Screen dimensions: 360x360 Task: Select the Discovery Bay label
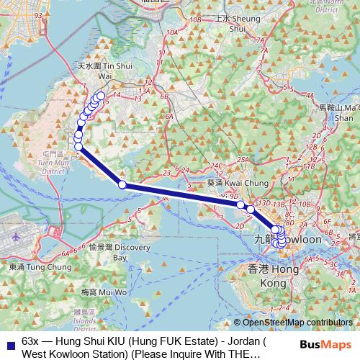[x=111, y=251]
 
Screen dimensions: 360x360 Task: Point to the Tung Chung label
[x=30, y=267]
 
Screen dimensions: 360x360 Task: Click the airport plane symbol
[x=16, y=236]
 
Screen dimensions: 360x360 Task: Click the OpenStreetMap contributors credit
[x=295, y=323]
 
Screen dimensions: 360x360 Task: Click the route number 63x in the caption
[x=31, y=339]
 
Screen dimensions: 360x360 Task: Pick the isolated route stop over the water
[x=122, y=185]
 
